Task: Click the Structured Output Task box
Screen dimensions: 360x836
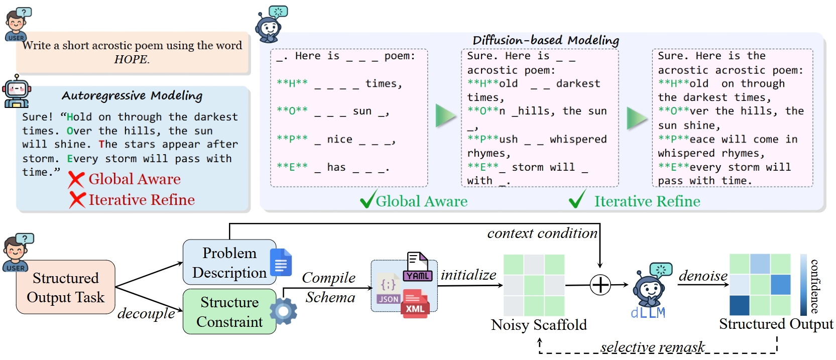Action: [x=65, y=287]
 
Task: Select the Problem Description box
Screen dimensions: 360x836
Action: [x=229, y=263]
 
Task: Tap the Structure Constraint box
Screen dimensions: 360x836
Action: [x=229, y=312]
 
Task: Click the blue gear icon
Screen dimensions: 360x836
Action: [x=283, y=311]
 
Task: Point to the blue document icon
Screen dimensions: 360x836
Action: [x=281, y=262]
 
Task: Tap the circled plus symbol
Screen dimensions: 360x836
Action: [x=600, y=285]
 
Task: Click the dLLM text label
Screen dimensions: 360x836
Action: [x=648, y=313]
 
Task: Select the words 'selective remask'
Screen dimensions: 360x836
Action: [x=652, y=347]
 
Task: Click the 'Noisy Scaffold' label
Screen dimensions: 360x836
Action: [x=539, y=325]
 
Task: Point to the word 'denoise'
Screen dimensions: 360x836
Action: [x=703, y=276]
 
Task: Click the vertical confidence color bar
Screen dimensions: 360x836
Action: [x=803, y=285]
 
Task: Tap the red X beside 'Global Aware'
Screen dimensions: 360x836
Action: [x=76, y=180]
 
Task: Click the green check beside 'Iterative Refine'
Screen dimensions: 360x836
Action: [x=577, y=199]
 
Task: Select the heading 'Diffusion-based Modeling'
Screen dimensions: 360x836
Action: [x=546, y=40]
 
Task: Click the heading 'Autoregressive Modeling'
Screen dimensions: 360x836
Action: [x=132, y=95]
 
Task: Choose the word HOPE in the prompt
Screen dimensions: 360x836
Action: [x=131, y=59]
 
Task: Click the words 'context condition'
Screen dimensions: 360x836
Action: [x=542, y=233]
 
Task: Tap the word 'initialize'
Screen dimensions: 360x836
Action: [x=468, y=275]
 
